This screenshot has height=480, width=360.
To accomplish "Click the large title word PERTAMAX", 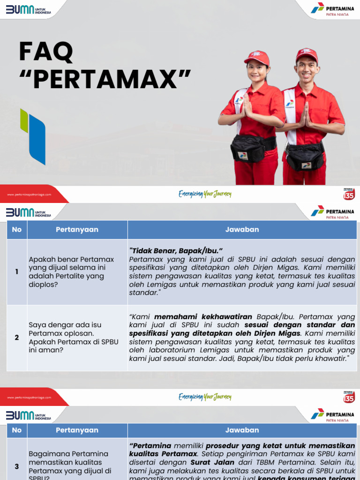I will tap(112, 79).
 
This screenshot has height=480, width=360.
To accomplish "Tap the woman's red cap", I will tap(257, 58).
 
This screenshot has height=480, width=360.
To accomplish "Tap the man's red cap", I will tap(307, 54).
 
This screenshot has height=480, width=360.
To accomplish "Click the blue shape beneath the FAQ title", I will tap(37, 140).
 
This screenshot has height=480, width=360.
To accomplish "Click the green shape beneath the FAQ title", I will tap(24, 120).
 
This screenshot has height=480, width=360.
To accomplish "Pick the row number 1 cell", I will tap(17, 272).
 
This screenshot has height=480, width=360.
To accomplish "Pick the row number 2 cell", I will tap(17, 337).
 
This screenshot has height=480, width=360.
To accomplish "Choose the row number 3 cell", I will tap(17, 466).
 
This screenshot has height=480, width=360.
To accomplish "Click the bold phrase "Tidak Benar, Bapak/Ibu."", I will tap(176, 250).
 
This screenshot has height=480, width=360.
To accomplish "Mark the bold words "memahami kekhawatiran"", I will tap(203, 317).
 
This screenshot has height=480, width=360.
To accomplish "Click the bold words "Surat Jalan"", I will tap(212, 462).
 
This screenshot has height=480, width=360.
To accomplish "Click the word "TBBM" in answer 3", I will tap(260, 462).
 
